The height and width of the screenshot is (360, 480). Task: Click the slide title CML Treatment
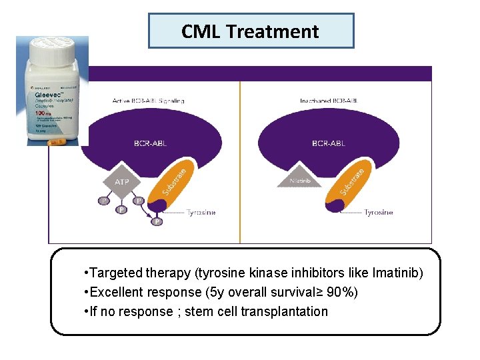[x=250, y=31]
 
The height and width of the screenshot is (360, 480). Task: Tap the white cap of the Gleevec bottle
[x=51, y=49]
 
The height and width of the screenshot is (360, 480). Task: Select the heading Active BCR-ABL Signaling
[x=148, y=101]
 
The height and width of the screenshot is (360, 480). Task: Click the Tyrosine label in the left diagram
[x=201, y=213]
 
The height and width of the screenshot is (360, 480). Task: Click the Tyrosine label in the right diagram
[x=378, y=213]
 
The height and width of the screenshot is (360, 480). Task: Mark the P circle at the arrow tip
[x=157, y=221]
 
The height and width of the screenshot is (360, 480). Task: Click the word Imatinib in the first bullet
[x=397, y=273]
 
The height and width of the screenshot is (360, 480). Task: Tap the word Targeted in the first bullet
[x=113, y=273]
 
